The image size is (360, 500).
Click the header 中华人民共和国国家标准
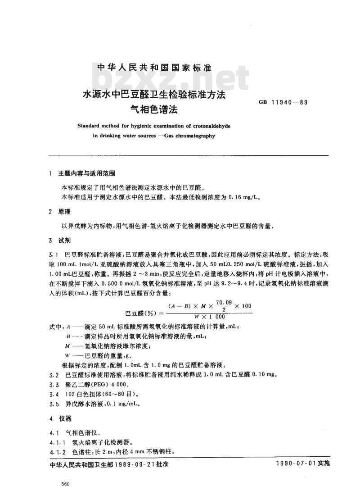tap(154, 68)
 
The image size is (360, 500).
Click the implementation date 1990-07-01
tap(294, 463)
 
